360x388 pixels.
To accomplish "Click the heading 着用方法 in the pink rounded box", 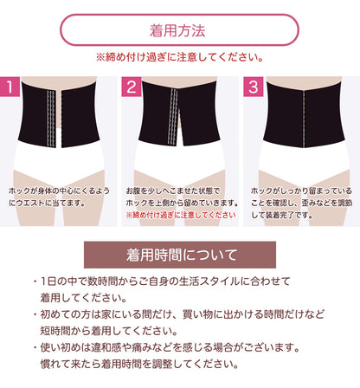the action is pos(177,30).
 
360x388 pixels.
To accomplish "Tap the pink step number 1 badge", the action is pos(10,87).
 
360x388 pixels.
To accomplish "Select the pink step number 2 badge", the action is pos(132,87).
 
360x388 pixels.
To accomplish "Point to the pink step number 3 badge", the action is pos(254,87).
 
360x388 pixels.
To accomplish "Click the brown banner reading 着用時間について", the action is pos(180,255).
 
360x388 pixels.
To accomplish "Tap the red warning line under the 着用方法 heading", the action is pos(180,57).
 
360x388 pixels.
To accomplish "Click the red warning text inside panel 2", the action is pos(181,215).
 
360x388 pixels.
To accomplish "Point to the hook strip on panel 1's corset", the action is pos(51,119).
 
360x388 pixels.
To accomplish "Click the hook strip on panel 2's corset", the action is pos(173,116).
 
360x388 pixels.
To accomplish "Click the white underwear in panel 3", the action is pos(304,162).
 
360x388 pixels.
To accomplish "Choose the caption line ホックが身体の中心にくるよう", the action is pos(59,191).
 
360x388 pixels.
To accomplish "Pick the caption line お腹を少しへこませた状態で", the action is pos(173,191).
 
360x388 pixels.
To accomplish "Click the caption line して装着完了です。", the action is pos(282,215).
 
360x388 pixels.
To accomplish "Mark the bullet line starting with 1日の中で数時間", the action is pos(162,281).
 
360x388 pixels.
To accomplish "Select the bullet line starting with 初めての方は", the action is pos(179,314).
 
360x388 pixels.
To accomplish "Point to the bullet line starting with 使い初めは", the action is pos(166,347).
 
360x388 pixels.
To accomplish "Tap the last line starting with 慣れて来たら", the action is pos(139,364).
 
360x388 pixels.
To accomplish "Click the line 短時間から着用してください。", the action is pos(109,331).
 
